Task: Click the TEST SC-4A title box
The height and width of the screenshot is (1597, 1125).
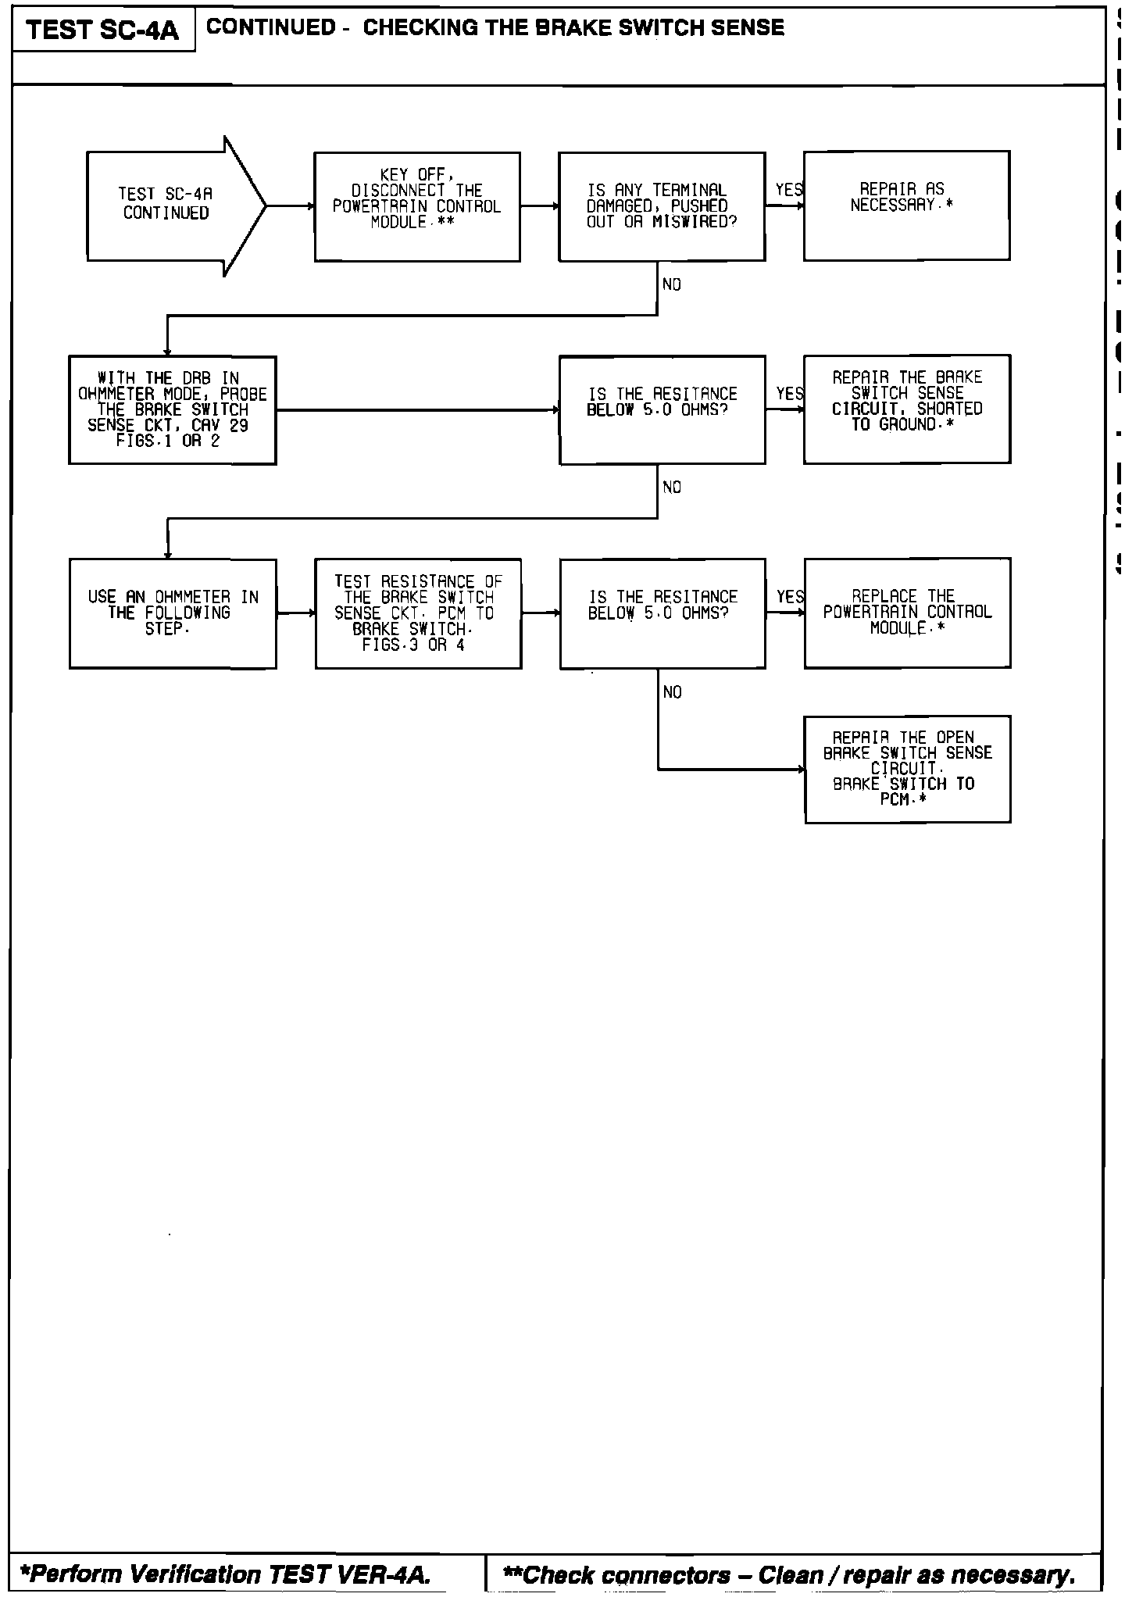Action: click(102, 30)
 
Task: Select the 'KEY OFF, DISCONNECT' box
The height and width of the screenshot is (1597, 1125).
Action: click(417, 206)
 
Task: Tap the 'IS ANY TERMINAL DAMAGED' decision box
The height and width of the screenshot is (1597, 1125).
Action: click(662, 206)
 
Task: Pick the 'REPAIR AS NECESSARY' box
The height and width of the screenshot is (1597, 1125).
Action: click(906, 205)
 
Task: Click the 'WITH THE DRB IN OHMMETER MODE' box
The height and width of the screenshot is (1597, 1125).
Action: click(173, 410)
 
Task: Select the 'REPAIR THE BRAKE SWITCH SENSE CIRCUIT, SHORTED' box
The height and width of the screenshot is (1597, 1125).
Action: click(907, 409)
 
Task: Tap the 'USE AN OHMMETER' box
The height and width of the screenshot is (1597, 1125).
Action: click(173, 613)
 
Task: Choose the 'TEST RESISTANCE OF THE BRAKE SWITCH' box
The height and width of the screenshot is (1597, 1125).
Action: click(418, 613)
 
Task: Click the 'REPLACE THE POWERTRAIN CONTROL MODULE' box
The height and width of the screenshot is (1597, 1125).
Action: click(907, 613)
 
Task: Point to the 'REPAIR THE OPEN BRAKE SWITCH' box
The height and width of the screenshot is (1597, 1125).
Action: click(907, 769)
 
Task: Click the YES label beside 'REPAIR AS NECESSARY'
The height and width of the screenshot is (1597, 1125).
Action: click(788, 190)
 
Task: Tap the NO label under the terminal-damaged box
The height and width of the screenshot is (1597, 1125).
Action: click(671, 285)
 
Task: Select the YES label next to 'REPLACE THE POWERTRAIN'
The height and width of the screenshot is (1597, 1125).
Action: click(790, 597)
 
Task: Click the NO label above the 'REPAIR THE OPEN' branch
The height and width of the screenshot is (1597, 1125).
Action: click(672, 692)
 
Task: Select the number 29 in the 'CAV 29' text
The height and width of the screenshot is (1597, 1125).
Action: click(239, 426)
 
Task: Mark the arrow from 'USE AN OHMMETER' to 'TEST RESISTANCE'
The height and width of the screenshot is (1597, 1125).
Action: click(295, 613)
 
